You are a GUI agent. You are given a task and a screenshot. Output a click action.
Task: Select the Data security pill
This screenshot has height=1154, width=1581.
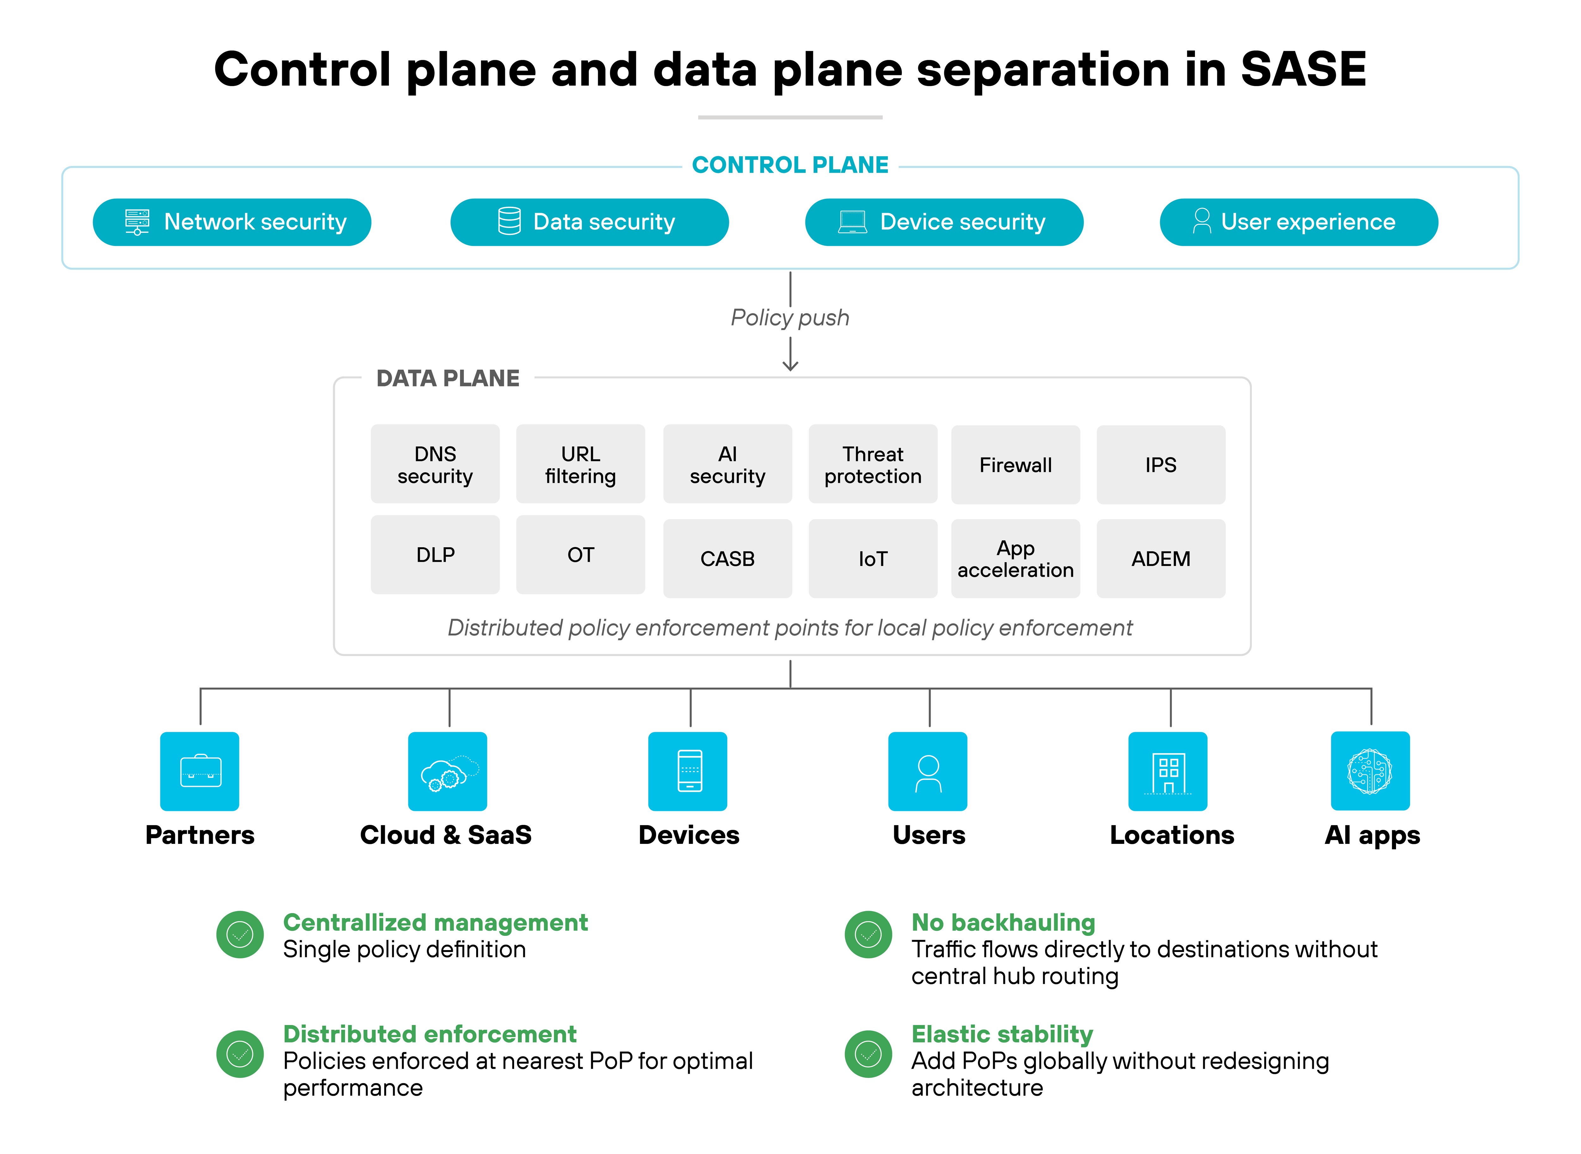(x=589, y=222)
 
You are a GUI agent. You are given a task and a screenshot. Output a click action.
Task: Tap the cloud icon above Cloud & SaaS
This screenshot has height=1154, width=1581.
(x=448, y=771)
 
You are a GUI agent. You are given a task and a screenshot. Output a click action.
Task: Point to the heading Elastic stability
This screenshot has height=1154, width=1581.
(x=1002, y=1034)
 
